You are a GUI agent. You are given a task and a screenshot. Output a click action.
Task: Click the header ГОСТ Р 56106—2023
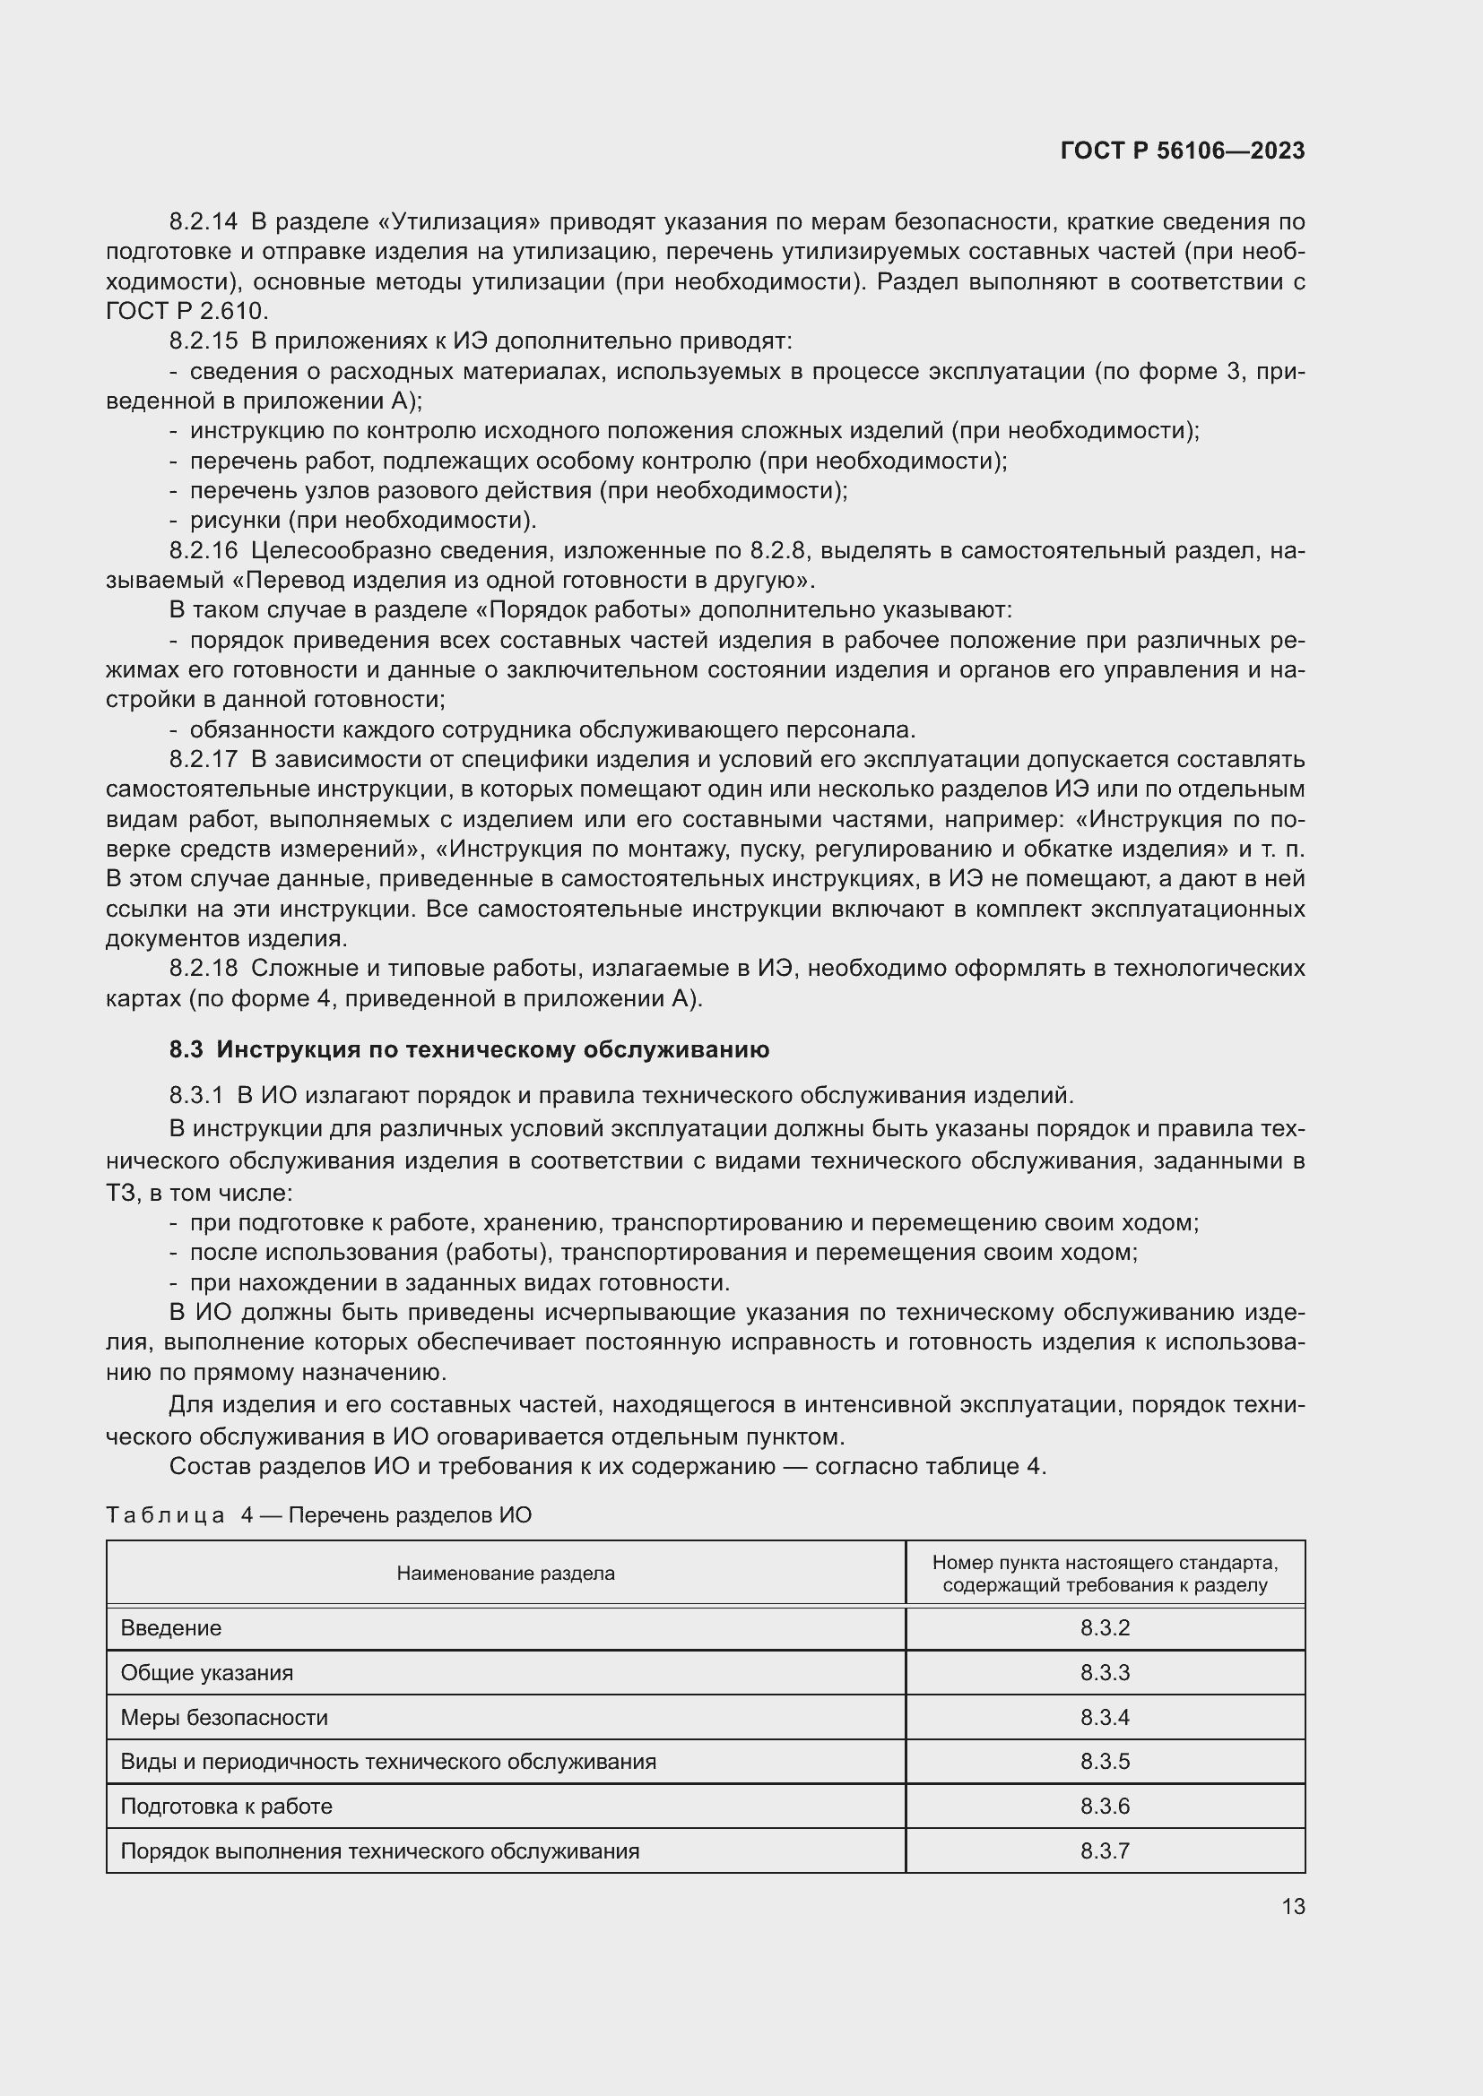(x=1183, y=151)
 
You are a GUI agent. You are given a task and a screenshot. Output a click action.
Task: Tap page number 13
(x=1293, y=1906)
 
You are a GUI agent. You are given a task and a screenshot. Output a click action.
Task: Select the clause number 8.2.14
(x=203, y=222)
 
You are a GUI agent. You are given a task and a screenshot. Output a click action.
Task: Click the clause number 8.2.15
(x=203, y=341)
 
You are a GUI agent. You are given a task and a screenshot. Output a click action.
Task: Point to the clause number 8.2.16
(x=203, y=550)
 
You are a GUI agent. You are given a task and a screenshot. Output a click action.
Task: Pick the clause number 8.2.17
(x=203, y=760)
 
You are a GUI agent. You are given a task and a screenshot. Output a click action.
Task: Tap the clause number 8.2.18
(x=203, y=969)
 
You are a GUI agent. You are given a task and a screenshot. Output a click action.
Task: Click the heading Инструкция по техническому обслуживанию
(x=492, y=1050)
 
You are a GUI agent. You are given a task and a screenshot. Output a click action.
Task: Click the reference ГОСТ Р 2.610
(x=187, y=311)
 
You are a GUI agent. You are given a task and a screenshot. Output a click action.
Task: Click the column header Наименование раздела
(x=505, y=1573)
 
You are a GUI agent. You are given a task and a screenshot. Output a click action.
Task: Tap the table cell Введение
(x=170, y=1627)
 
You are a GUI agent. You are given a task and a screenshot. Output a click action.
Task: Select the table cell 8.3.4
(x=1105, y=1717)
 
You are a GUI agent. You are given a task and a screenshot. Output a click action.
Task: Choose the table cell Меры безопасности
(x=224, y=1717)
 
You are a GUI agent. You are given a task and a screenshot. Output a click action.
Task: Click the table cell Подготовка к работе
(x=227, y=1806)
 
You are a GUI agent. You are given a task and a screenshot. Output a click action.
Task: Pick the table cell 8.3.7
(x=1105, y=1850)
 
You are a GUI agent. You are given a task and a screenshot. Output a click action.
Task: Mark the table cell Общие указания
(x=206, y=1672)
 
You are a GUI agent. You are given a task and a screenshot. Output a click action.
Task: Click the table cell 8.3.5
(x=1105, y=1761)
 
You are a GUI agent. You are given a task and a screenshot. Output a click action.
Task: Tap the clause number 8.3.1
(x=195, y=1095)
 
